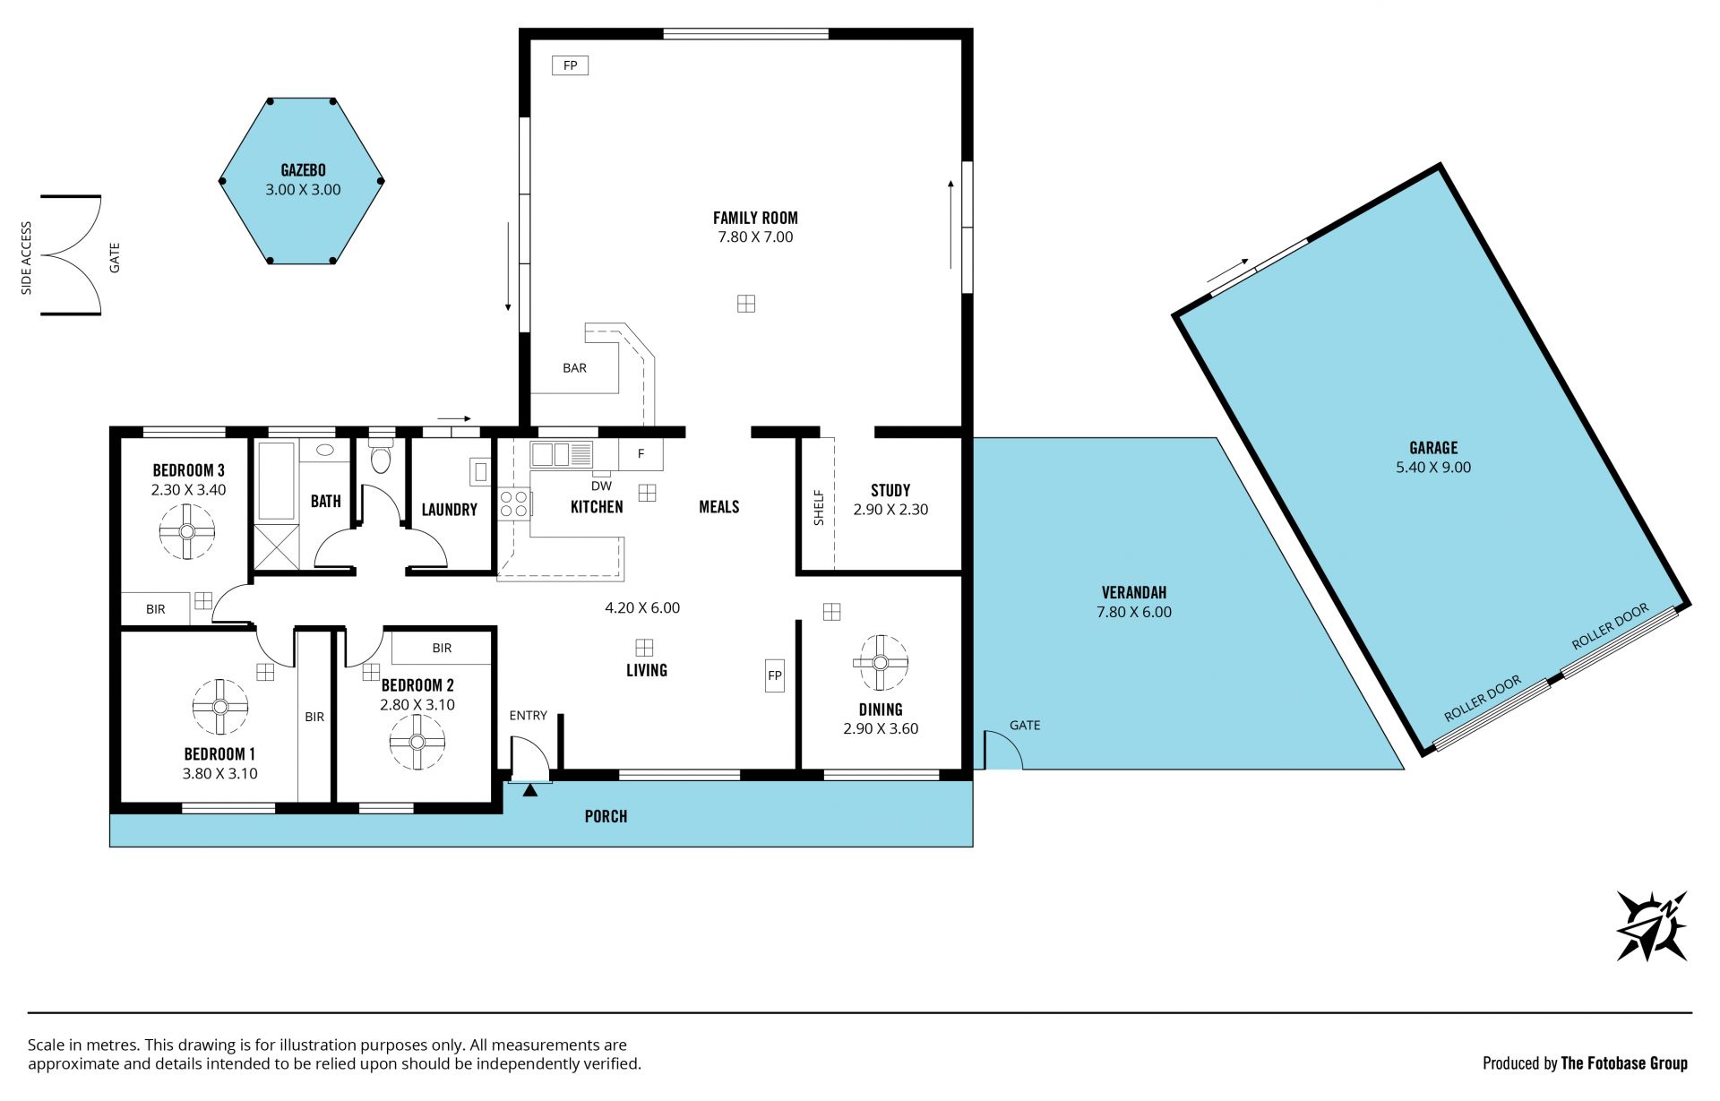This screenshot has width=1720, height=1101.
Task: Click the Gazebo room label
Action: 303,170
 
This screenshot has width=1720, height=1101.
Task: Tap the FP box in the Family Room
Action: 570,65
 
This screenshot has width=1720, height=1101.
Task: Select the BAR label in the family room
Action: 574,368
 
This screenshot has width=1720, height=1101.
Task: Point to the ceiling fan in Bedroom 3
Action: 187,531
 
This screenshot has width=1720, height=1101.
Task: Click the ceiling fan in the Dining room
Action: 880,663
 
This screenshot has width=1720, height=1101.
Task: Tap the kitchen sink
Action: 562,454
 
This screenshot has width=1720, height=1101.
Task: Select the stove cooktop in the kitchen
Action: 514,503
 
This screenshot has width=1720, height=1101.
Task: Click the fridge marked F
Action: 641,454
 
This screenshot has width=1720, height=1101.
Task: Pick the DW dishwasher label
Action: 601,486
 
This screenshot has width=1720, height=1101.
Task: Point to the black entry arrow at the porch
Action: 530,790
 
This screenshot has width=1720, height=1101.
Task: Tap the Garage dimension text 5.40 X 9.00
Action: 1433,468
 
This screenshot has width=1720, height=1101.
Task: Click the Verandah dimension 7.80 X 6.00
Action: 1134,613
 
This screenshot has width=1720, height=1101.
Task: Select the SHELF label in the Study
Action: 818,507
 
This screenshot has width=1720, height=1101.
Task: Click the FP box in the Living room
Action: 775,676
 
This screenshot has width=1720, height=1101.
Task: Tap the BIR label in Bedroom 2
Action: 442,648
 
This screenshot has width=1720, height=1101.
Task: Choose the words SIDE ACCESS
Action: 27,258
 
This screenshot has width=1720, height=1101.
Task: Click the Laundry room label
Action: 449,510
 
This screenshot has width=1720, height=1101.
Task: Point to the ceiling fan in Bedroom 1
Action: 219,706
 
